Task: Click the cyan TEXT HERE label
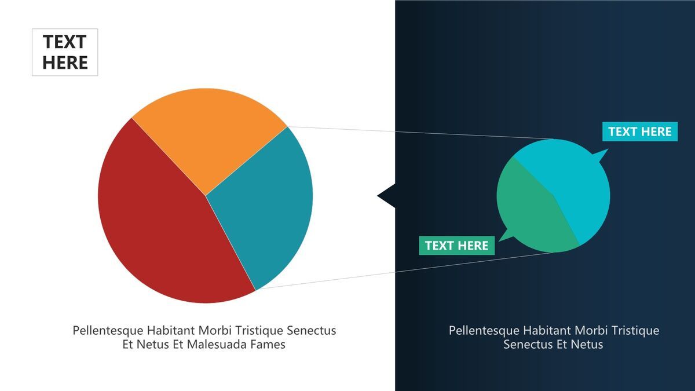point(640,131)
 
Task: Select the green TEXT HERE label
point(457,246)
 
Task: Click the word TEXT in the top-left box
point(64,42)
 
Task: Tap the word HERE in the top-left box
point(65,63)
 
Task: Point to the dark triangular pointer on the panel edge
point(387,196)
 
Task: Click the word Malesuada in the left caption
point(217,344)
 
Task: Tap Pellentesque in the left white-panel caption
point(108,331)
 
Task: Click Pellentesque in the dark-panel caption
point(484,331)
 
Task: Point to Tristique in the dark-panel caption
point(635,331)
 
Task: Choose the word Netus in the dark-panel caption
point(588,344)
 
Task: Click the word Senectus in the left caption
point(311,330)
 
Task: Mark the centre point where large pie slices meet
point(205,196)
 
